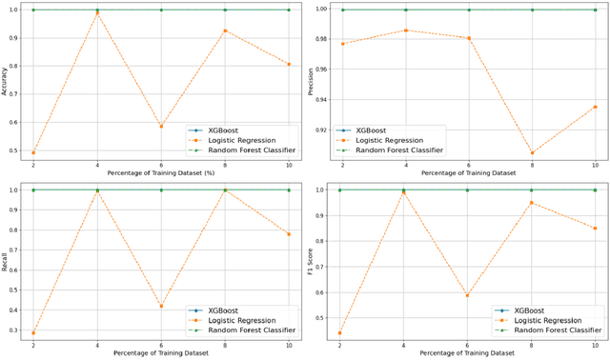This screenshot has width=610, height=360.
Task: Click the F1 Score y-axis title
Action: pos(312,259)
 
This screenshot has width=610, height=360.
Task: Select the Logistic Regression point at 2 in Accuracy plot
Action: pos(34,152)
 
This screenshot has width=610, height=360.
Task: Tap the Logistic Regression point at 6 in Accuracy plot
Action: pos(161,126)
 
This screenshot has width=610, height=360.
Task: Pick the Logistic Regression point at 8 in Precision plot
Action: pos(532,152)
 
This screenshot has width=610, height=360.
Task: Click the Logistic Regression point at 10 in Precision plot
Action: pos(596,107)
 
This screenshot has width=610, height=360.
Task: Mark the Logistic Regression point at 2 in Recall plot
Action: pos(34,333)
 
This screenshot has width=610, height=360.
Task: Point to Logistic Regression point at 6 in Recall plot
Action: pos(161,306)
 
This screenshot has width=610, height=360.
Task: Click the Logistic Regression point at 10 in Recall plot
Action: pos(289,233)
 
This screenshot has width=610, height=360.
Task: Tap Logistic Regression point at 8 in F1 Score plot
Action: pos(532,203)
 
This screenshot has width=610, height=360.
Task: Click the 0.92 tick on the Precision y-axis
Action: pos(323,130)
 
